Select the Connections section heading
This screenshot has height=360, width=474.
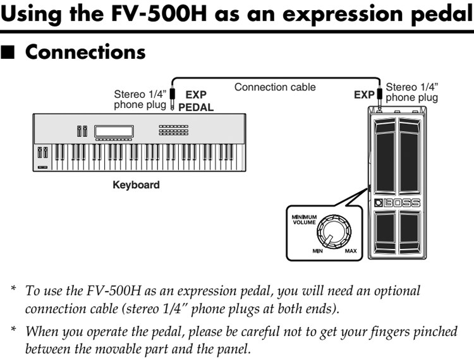pyautogui.click(x=85, y=52)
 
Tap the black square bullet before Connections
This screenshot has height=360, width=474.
pyautogui.click(x=9, y=52)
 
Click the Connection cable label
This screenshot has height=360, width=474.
pyautogui.click(x=274, y=87)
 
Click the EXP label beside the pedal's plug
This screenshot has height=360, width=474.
pyautogui.click(x=363, y=95)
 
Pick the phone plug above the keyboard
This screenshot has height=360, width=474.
pyautogui.click(x=172, y=100)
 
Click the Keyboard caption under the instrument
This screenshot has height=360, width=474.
pyautogui.click(x=136, y=186)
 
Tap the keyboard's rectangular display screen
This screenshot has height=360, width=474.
pyautogui.click(x=114, y=131)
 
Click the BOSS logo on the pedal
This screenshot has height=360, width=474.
pyautogui.click(x=396, y=203)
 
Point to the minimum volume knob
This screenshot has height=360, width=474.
pyautogui.click(x=330, y=231)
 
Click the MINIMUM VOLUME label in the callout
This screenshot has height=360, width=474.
pyautogui.click(x=303, y=219)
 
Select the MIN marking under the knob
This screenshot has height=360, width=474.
pyautogui.click(x=318, y=251)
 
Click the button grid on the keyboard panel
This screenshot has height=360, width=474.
pyautogui.click(x=173, y=130)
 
